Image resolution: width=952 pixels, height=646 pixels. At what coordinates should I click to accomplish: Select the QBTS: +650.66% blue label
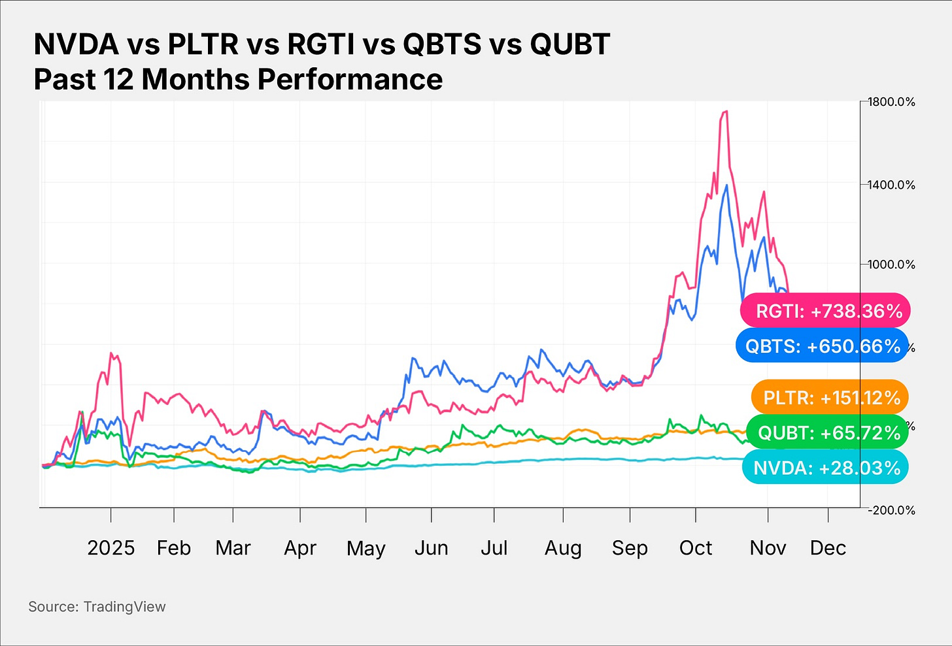point(822,346)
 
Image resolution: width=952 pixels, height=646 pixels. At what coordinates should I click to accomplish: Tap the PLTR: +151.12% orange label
point(830,397)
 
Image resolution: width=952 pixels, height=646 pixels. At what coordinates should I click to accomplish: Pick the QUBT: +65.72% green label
point(827,432)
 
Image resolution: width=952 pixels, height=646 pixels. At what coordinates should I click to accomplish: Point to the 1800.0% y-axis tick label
point(891,102)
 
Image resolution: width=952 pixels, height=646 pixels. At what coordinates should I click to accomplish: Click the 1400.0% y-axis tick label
point(891,185)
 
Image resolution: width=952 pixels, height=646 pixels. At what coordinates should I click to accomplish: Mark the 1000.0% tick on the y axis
point(891,265)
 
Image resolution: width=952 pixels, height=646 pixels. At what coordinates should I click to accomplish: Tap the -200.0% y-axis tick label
point(891,510)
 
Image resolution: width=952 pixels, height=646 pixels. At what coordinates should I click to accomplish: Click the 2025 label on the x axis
point(110,547)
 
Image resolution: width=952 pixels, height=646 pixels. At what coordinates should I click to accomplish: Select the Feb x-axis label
point(174,547)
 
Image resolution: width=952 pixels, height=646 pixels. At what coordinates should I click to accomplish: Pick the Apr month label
point(300,548)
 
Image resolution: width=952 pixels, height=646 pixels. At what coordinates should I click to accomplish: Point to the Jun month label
point(431,547)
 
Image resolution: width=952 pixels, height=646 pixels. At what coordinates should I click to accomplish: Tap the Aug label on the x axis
point(563,548)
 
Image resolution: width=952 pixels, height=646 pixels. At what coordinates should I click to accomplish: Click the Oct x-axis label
point(696,547)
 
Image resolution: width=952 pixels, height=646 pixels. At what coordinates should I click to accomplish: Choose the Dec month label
point(828,547)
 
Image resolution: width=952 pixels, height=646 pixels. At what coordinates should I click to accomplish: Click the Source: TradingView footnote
point(97,607)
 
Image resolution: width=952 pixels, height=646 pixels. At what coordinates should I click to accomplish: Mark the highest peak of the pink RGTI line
point(724,112)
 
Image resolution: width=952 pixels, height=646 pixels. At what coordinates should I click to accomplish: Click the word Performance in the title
point(350,80)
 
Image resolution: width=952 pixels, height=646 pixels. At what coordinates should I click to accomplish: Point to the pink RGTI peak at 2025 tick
point(111,353)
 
